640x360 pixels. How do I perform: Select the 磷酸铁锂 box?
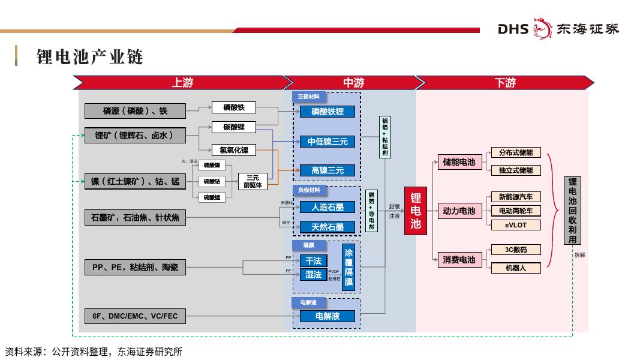[327, 112]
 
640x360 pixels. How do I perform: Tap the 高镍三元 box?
[327, 170]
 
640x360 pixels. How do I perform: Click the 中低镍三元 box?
[327, 142]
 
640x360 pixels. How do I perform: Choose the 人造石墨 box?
[327, 207]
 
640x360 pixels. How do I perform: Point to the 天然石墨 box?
[327, 227]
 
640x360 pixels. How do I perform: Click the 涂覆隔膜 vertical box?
[348, 268]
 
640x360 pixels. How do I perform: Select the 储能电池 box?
[459, 162]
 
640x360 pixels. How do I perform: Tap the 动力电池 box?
[459, 211]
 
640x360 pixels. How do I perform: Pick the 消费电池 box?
[459, 260]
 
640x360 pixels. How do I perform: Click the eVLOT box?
[515, 225]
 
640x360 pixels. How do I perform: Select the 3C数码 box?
[515, 250]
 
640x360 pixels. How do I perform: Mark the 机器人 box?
[515, 268]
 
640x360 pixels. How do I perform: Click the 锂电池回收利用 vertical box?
[572, 211]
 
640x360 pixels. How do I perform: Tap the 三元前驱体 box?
[253, 181]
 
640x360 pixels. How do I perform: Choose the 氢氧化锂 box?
[233, 150]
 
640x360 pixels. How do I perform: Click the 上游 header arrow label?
[183, 83]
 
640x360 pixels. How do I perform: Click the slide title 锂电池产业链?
[89, 57]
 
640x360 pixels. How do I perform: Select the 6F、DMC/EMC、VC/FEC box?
[135, 316]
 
